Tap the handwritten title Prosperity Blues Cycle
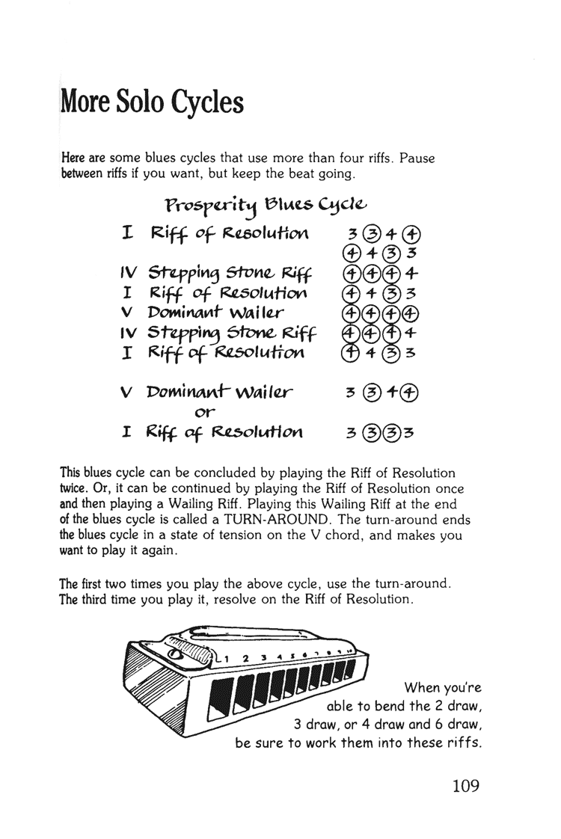[266, 205]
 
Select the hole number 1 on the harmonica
[227, 660]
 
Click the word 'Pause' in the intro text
[418, 159]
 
